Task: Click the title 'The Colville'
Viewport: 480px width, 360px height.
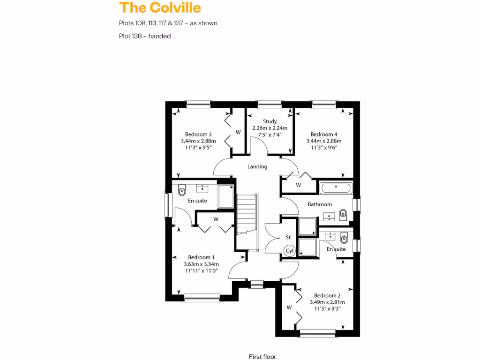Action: [x=160, y=8]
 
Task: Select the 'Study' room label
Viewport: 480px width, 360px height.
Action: [x=270, y=121]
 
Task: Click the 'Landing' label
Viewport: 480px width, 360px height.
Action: [x=257, y=166]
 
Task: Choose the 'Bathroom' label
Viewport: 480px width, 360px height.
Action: [x=320, y=204]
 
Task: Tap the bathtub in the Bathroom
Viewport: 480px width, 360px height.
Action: [x=336, y=188]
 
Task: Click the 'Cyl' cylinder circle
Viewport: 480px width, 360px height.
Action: [x=290, y=251]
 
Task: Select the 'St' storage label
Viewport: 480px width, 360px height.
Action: [x=288, y=238]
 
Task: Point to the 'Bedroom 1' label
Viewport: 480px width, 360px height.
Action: [x=201, y=257]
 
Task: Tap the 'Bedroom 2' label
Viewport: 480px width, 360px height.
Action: [x=327, y=295]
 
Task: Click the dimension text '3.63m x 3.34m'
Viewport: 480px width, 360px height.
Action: [x=201, y=264]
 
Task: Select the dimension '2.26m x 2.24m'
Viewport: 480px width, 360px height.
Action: [x=270, y=128]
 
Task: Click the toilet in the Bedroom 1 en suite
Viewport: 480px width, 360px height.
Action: [x=182, y=190]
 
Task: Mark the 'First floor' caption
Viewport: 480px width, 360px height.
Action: [x=262, y=357]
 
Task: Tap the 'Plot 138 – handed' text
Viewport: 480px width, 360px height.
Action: [x=145, y=36]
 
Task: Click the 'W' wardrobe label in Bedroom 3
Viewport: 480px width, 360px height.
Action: [x=238, y=132]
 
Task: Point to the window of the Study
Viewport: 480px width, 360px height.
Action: [x=270, y=104]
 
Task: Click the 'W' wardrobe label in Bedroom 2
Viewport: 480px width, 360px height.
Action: [x=289, y=307]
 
